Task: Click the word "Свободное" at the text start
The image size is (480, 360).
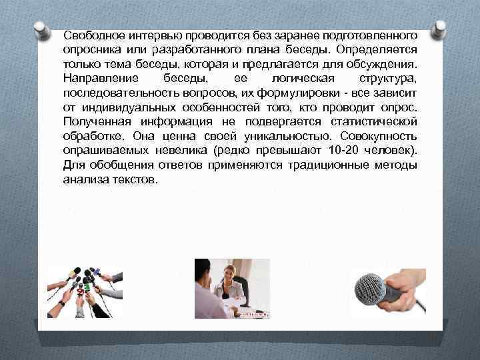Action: tap(92, 34)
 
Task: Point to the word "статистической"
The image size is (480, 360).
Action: tap(369, 122)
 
